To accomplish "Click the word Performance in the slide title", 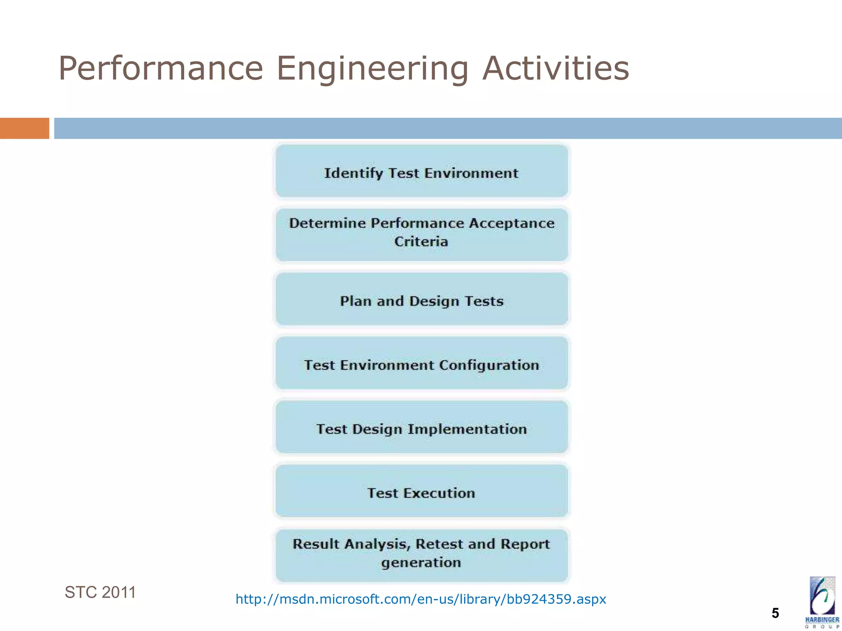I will (x=160, y=68).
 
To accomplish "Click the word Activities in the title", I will (x=556, y=68).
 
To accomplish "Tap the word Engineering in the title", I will (x=372, y=69).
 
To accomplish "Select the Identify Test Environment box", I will (x=421, y=172).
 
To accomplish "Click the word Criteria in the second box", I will (x=421, y=242).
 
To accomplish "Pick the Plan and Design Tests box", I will (x=421, y=300).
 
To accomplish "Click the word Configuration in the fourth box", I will (x=489, y=365).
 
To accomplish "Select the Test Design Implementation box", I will (x=421, y=428).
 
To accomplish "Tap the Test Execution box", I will (x=421, y=492).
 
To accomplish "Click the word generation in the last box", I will (x=421, y=562).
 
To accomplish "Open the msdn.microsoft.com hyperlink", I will (x=421, y=599).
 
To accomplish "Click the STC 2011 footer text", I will (x=100, y=592).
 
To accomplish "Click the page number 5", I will (x=775, y=613).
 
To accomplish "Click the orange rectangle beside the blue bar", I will (x=24, y=128).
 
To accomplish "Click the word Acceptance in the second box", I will (x=512, y=223).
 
